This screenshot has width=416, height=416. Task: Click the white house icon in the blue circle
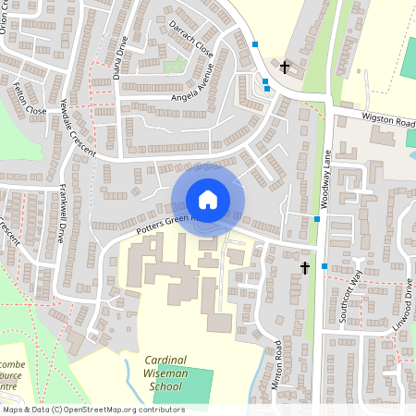pyautogui.click(x=208, y=200)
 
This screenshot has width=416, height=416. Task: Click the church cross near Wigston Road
pyautogui.click(x=285, y=67)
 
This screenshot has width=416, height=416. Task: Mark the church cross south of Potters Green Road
pyautogui.click(x=304, y=268)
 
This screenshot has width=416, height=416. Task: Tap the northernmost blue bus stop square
pyautogui.click(x=255, y=44)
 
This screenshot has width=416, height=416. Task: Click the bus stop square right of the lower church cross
pyautogui.click(x=324, y=266)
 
